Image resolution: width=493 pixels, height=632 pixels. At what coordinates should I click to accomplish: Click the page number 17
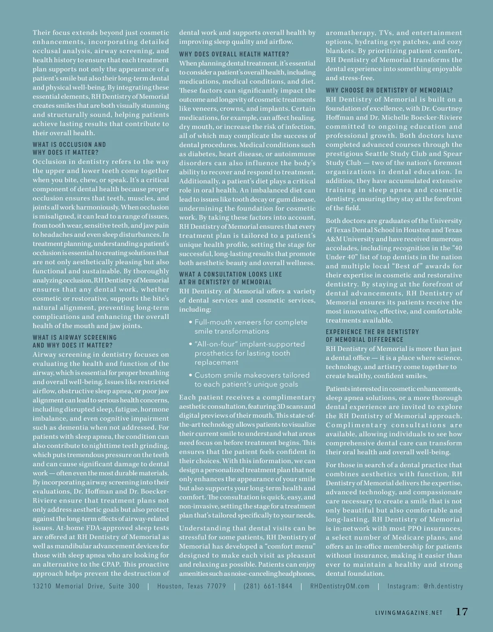pyautogui.click(x=462, y=611)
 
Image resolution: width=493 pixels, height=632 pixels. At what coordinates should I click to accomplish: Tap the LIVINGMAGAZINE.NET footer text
pyautogui.click(x=409, y=613)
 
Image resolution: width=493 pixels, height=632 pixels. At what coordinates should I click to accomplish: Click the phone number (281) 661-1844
pyautogui.click(x=268, y=586)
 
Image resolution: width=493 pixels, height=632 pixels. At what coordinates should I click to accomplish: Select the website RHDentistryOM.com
pyautogui.click(x=340, y=586)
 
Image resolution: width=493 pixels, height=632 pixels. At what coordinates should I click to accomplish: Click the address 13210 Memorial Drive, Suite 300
pyautogui.click(x=86, y=586)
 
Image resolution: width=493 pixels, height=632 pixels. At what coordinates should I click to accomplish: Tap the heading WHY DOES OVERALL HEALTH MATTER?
pyautogui.click(x=234, y=54)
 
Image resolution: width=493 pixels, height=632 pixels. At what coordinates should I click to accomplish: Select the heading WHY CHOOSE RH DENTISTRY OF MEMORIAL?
pyautogui.click(x=389, y=90)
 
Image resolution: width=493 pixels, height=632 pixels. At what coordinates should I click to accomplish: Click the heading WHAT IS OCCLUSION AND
pyautogui.click(x=69, y=145)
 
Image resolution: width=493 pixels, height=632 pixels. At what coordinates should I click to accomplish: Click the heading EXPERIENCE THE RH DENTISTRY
pyautogui.click(x=372, y=332)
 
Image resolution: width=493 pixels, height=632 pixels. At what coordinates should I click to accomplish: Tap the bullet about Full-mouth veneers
pyautogui.click(x=251, y=326)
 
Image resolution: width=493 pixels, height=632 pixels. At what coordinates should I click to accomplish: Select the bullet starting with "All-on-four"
pyautogui.click(x=249, y=353)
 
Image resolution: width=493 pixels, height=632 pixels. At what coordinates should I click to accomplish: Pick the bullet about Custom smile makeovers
pyautogui.click(x=252, y=379)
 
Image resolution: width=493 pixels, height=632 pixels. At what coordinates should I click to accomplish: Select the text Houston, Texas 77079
pyautogui.click(x=191, y=586)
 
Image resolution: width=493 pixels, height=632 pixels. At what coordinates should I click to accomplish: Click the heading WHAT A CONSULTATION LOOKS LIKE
pyautogui.click(x=230, y=274)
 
